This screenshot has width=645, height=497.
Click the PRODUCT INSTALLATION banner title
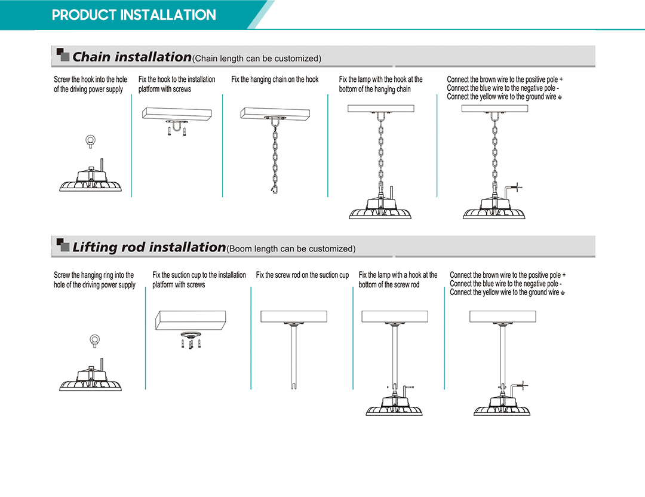pyautogui.click(x=134, y=15)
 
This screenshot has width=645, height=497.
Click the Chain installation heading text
pyautogui.click(x=132, y=56)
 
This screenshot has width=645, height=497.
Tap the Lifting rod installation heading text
pyautogui.click(x=149, y=247)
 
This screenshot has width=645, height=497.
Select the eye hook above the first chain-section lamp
pyautogui.click(x=91, y=142)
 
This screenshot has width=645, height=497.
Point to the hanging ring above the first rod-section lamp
pyautogui.click(x=94, y=341)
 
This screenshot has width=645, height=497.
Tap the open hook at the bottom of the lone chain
pyautogui.click(x=274, y=190)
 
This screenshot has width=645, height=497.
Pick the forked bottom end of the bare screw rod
pyautogui.click(x=294, y=385)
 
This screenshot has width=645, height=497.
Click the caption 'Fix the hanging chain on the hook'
pyautogui.click(x=275, y=79)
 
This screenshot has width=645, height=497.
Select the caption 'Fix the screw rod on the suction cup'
pyautogui.click(x=302, y=275)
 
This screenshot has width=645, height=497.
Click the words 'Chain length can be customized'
pyautogui.click(x=257, y=59)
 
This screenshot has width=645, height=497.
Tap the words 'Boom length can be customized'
pyautogui.click(x=291, y=249)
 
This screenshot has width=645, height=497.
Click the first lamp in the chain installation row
pyautogui.click(x=91, y=176)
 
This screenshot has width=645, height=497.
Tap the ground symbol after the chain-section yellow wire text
pyautogui.click(x=560, y=97)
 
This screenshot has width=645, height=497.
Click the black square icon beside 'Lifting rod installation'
pyautogui.click(x=63, y=244)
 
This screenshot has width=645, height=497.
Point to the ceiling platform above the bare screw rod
pyautogui.click(x=294, y=317)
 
